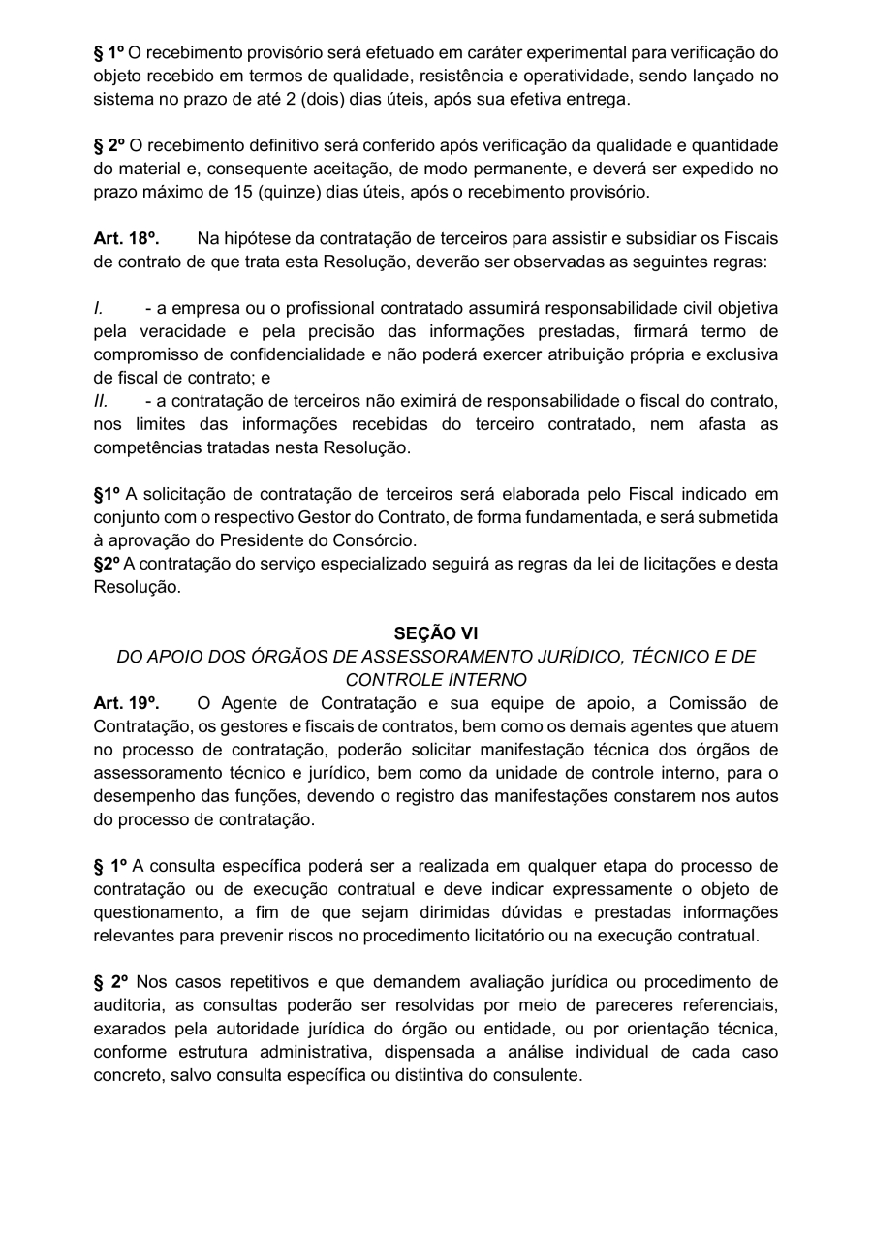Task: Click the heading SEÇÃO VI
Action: (x=435, y=633)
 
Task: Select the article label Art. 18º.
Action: (x=126, y=238)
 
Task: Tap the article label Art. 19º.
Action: (x=126, y=703)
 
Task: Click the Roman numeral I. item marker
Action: (x=99, y=308)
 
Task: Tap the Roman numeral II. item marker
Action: (x=101, y=401)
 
